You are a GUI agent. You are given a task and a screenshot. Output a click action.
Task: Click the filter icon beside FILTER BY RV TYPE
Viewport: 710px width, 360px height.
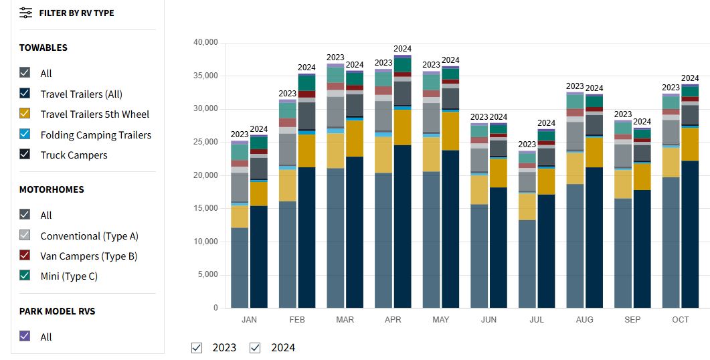[x=25, y=13]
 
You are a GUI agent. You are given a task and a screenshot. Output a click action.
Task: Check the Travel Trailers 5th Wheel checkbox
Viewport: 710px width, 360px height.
[x=25, y=114]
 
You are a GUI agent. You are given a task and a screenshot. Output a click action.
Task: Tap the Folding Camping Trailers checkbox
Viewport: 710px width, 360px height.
[x=25, y=134]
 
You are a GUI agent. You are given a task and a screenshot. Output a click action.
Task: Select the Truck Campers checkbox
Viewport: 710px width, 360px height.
[x=25, y=155]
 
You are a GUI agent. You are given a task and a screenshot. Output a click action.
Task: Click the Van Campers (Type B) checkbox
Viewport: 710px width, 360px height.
[x=25, y=256]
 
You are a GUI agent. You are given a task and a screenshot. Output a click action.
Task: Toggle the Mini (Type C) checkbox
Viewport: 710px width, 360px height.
[x=25, y=276]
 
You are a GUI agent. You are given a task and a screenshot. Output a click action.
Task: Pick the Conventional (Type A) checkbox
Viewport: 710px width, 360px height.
[x=25, y=236]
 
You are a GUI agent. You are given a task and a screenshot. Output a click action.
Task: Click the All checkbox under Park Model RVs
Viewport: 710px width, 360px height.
[x=25, y=337]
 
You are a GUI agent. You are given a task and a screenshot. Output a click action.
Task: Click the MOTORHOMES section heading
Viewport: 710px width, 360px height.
[x=52, y=189]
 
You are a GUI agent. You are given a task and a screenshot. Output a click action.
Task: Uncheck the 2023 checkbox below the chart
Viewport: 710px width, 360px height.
[x=197, y=347]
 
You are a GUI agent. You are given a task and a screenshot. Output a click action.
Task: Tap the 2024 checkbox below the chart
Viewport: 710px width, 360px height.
[x=255, y=347]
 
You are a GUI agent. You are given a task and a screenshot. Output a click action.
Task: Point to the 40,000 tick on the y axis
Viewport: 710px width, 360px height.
[x=205, y=43]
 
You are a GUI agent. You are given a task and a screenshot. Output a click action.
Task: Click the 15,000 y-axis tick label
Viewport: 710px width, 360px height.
[x=205, y=209]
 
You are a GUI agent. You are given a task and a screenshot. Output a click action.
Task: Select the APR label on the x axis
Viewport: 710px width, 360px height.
[x=393, y=320]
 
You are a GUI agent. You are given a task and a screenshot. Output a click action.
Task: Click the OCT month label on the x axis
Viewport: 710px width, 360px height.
[x=680, y=320]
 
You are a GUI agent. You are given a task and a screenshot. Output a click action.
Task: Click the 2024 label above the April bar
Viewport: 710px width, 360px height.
[x=402, y=49]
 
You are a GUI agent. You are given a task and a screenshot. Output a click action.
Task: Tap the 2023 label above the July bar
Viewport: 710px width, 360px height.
[x=527, y=145]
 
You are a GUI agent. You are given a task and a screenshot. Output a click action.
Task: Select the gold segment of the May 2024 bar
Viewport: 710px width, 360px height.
[x=450, y=131]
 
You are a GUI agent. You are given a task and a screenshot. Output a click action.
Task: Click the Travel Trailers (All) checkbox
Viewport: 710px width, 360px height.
[x=25, y=94]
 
